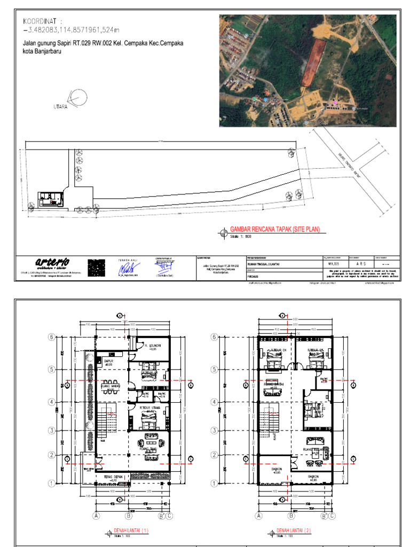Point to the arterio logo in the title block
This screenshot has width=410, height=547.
52,262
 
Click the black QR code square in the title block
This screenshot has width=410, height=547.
96,267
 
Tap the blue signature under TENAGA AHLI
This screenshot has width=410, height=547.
127,267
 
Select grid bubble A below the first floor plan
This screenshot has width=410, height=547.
97,516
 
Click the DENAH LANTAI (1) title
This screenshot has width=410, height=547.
131,531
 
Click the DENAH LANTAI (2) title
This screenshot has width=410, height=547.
293,531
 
